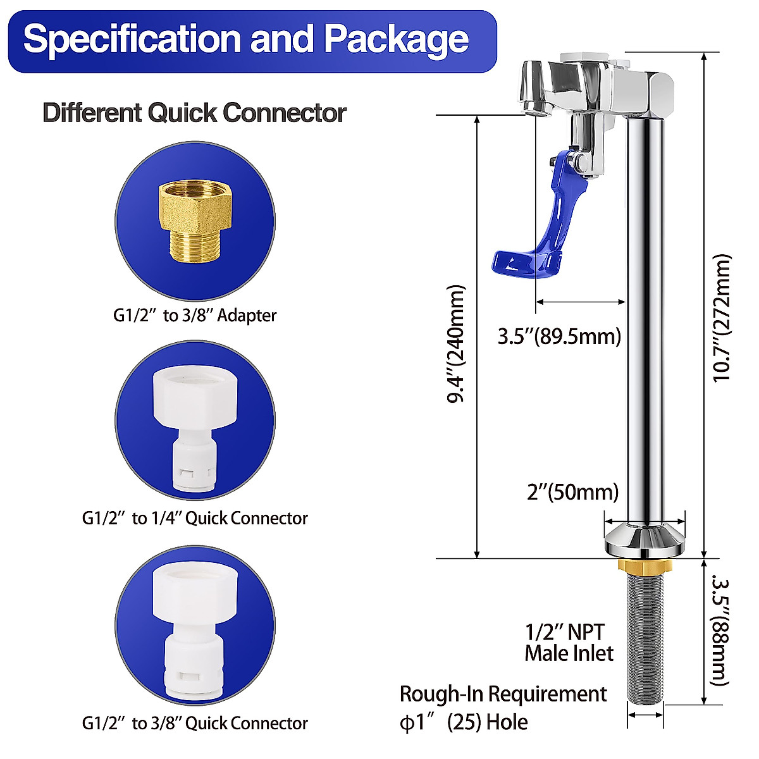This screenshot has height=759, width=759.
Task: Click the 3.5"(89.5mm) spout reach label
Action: click(x=559, y=336)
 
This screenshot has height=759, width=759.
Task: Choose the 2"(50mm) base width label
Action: click(x=573, y=491)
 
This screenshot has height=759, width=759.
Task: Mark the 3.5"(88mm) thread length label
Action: click(x=720, y=630)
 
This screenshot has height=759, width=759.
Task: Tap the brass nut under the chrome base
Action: click(x=645, y=564)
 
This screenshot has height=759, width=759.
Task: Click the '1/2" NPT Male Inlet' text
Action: click(x=569, y=643)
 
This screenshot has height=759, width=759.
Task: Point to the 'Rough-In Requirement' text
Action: click(x=503, y=694)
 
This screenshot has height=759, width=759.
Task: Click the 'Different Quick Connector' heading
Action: click(x=194, y=113)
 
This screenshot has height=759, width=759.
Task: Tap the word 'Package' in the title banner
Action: click(x=397, y=39)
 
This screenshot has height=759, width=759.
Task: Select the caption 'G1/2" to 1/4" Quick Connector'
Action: click(x=195, y=519)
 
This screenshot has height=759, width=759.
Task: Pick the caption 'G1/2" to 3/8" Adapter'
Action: click(x=195, y=315)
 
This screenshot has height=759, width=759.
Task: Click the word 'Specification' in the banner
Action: click(x=133, y=39)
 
